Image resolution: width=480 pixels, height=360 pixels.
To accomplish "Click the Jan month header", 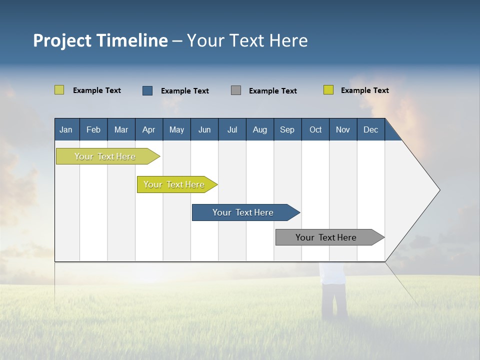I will pos(66,129).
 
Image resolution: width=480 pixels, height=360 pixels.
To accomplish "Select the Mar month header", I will pos(121,129).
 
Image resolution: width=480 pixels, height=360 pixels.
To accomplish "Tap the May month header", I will pos(176,129).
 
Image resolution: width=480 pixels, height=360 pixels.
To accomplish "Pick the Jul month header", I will pos(232,129).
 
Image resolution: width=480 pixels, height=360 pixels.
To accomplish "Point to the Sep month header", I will pos(287,129).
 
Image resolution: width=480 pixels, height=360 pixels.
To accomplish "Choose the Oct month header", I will pos(315,129).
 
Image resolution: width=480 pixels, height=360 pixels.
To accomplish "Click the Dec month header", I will pos(370,129).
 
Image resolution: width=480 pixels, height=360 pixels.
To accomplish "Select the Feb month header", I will pos(93,129).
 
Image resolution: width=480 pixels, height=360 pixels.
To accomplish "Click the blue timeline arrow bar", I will pos(243,212).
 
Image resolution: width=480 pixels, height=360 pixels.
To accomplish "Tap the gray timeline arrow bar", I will pos(326,237).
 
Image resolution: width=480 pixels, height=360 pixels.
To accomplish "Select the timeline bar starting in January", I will pos(105,156).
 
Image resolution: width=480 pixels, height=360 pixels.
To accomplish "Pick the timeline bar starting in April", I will pos(174,184).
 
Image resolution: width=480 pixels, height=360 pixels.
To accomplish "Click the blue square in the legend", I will pos(147,90).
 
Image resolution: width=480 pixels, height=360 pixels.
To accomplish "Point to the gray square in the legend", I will pos(236,90).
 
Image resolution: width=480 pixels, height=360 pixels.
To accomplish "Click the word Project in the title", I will pos(62,40).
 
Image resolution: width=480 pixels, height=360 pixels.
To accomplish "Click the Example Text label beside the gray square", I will pos(273,91).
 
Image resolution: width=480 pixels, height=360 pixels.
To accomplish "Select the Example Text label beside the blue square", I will pos(185,91).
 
